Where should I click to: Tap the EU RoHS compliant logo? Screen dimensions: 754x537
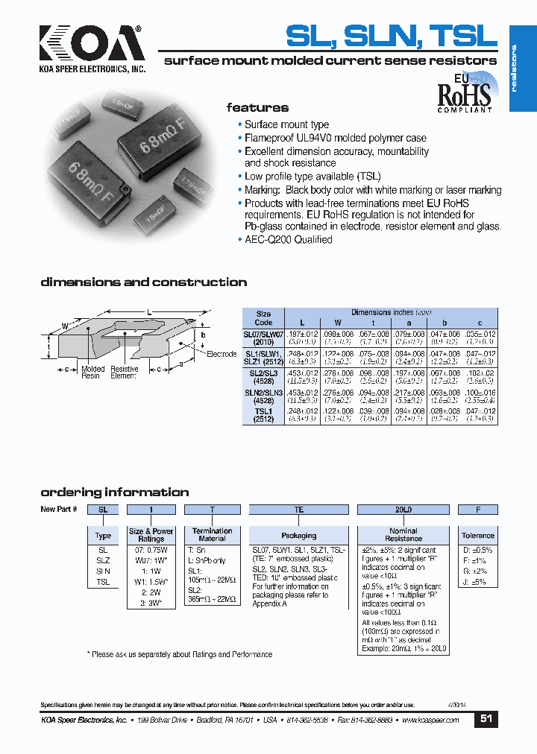click(465, 92)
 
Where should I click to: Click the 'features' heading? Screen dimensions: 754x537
click(257, 108)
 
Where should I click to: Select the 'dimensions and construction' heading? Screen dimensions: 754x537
click(143, 282)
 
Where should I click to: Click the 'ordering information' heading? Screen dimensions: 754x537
click(114, 492)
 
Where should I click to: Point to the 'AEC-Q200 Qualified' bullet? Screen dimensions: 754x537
click(288, 240)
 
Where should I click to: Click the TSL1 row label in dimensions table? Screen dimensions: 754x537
click(263, 415)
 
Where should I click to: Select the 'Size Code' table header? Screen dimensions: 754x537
click(263, 318)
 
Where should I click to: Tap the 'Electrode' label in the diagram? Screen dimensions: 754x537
click(222, 354)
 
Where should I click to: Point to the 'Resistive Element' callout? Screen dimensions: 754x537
click(124, 373)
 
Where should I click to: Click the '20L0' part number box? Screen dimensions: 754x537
click(403, 510)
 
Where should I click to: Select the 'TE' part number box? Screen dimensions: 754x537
click(298, 510)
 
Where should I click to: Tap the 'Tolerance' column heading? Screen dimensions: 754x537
click(477, 535)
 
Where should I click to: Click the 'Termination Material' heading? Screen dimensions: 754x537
click(212, 535)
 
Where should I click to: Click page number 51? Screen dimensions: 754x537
click(486, 719)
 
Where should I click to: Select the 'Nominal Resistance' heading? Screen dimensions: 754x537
click(403, 535)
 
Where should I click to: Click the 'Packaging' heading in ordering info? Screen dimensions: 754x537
click(298, 535)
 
